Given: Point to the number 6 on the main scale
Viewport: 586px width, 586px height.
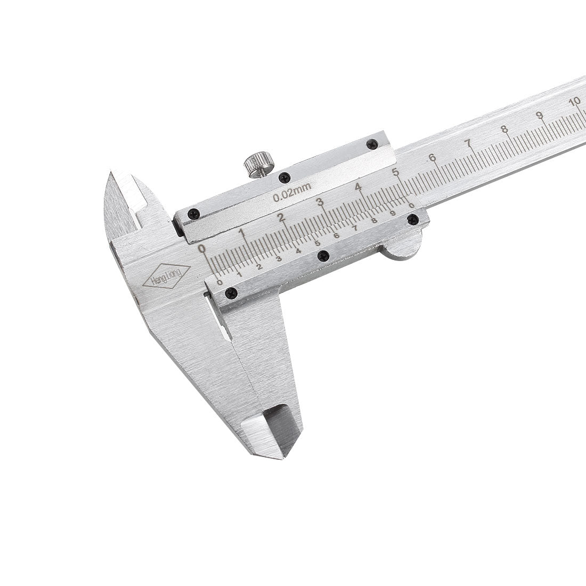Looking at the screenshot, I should click(x=432, y=157).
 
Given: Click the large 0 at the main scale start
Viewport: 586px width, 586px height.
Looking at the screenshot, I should click(x=201, y=248).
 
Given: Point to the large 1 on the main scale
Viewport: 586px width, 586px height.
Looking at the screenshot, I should click(x=241, y=233).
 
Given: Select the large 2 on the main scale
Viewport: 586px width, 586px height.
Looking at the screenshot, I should click(x=281, y=217).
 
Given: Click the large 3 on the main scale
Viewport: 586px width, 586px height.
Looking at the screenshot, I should click(x=320, y=202).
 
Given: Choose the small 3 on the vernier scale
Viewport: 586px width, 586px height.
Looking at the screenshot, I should click(x=279, y=258).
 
